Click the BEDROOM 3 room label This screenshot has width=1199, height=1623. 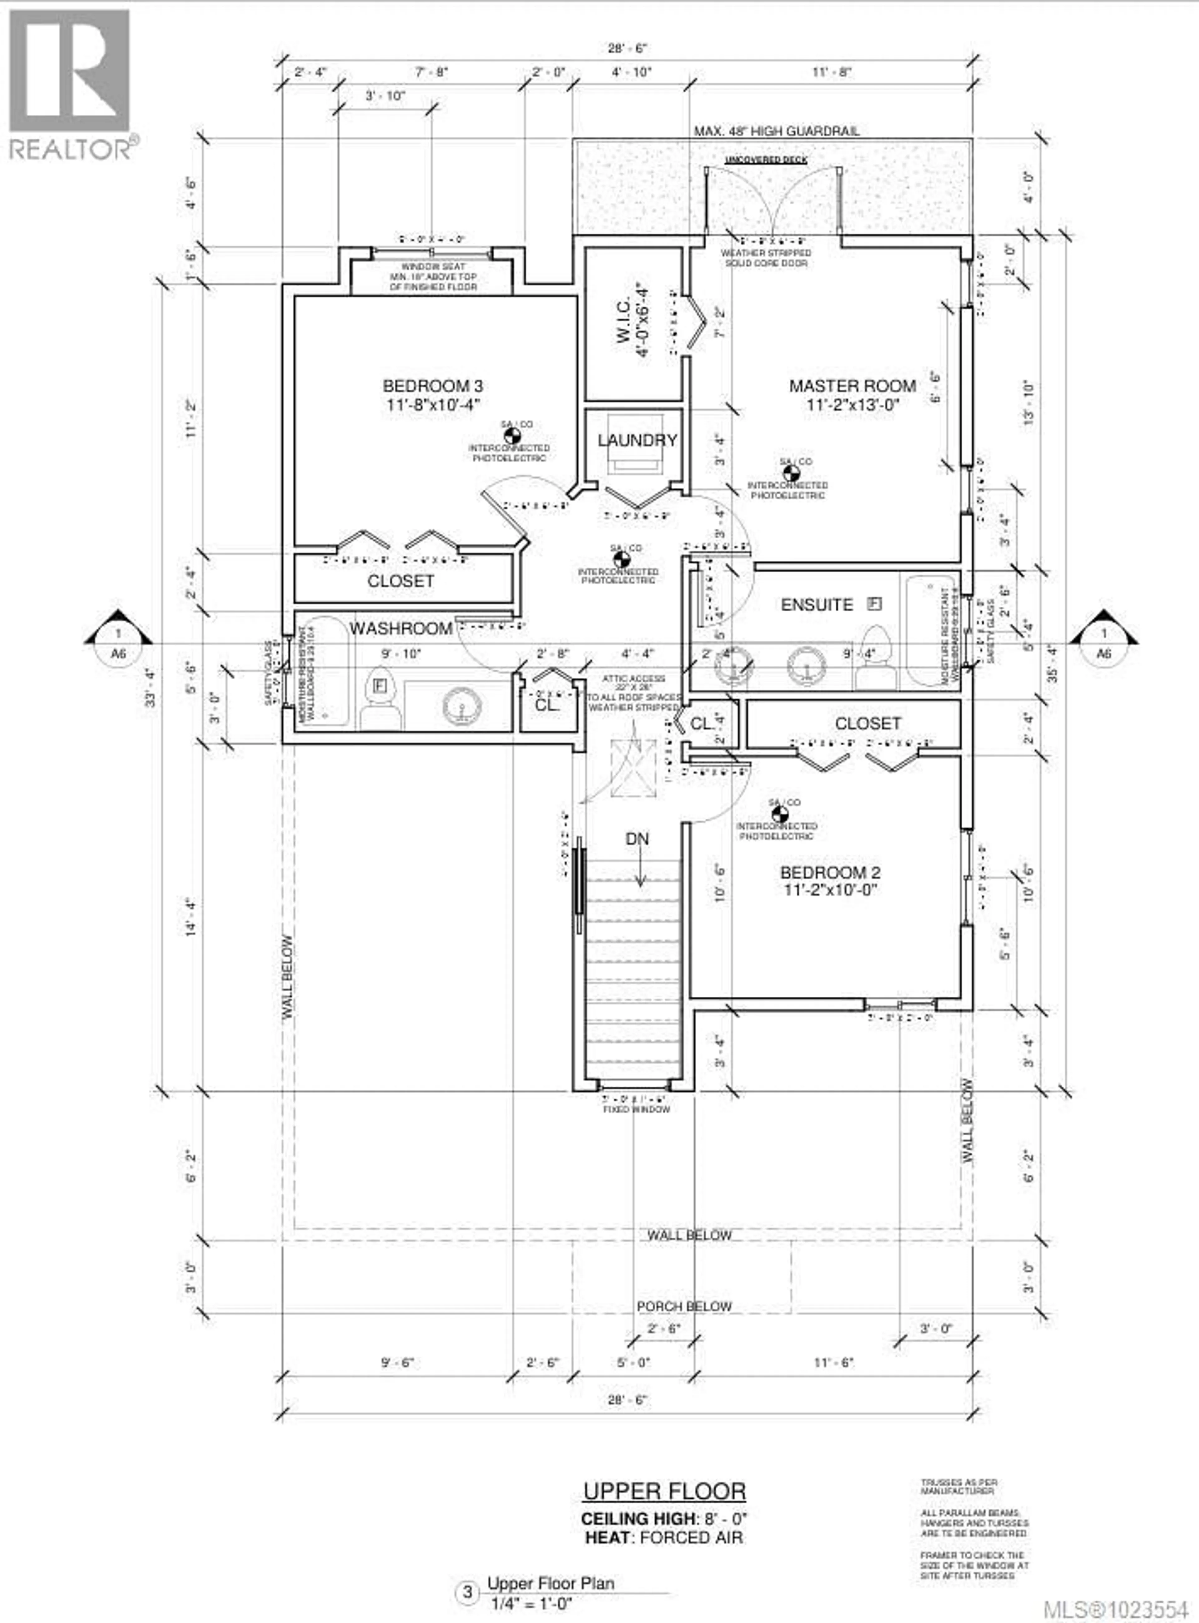coord(432,386)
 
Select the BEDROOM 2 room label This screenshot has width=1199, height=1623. coord(830,872)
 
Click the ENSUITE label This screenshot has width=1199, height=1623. coord(817,604)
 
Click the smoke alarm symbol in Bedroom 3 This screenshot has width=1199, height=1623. coord(512,436)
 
